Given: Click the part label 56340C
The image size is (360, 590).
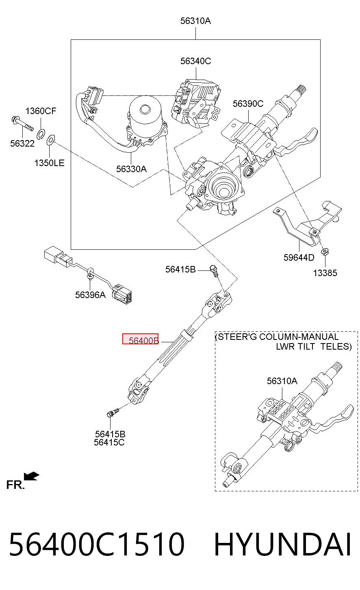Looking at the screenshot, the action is click(195, 61).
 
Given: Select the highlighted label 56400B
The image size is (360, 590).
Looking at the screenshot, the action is click(140, 339).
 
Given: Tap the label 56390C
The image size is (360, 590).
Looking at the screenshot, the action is click(248, 104).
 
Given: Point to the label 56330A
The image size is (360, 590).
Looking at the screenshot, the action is click(131, 169).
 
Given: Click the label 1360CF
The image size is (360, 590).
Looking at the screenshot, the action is click(41, 111).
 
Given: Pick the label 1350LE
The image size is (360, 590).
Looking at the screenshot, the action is click(49, 163).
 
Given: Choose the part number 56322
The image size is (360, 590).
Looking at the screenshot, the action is click(22, 144).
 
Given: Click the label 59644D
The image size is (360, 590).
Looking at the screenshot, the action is click(299, 257).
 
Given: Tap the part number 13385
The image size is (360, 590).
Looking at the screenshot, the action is click(325, 273).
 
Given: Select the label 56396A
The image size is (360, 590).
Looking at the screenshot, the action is click(90, 295).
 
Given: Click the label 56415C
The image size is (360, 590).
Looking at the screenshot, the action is click(109, 442).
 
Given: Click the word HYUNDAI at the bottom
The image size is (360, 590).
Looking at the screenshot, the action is click(282, 544).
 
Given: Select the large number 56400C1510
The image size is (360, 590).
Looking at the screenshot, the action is click(97, 544).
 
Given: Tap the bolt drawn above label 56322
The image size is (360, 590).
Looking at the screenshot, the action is click(23, 124).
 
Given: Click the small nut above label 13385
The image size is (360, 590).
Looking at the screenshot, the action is click(325, 251).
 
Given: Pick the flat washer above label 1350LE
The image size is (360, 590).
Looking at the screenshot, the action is click(51, 140).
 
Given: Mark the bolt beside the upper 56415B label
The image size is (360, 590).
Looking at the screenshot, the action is click(214, 271).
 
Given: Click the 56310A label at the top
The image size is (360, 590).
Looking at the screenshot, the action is click(195, 21).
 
